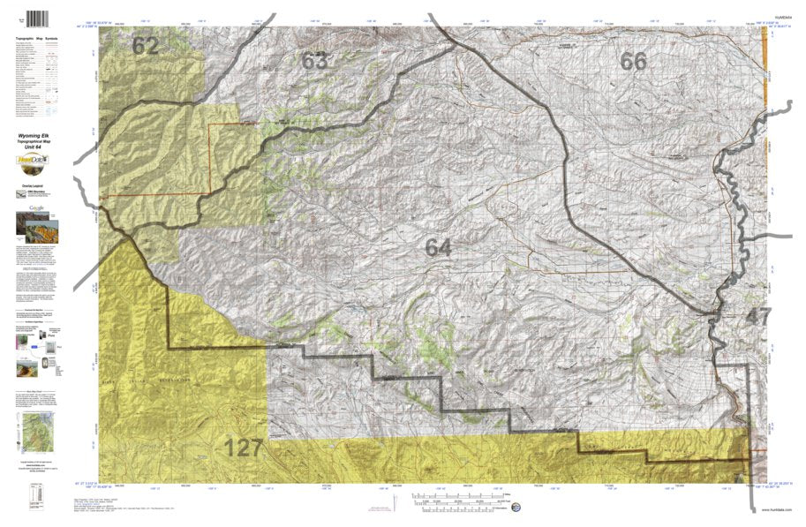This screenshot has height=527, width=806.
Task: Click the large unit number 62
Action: [x=145, y=47]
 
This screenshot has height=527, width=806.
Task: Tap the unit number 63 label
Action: [x=314, y=61]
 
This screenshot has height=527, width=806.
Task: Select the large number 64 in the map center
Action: [x=438, y=248]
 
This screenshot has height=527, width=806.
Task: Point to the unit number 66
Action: [x=633, y=61]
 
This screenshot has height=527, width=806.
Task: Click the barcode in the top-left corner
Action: [x=37, y=18]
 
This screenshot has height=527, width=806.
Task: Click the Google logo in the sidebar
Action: [x=36, y=208]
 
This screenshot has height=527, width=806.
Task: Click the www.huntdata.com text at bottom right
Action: [x=774, y=510]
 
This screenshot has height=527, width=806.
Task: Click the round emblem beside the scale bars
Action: [x=516, y=507]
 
